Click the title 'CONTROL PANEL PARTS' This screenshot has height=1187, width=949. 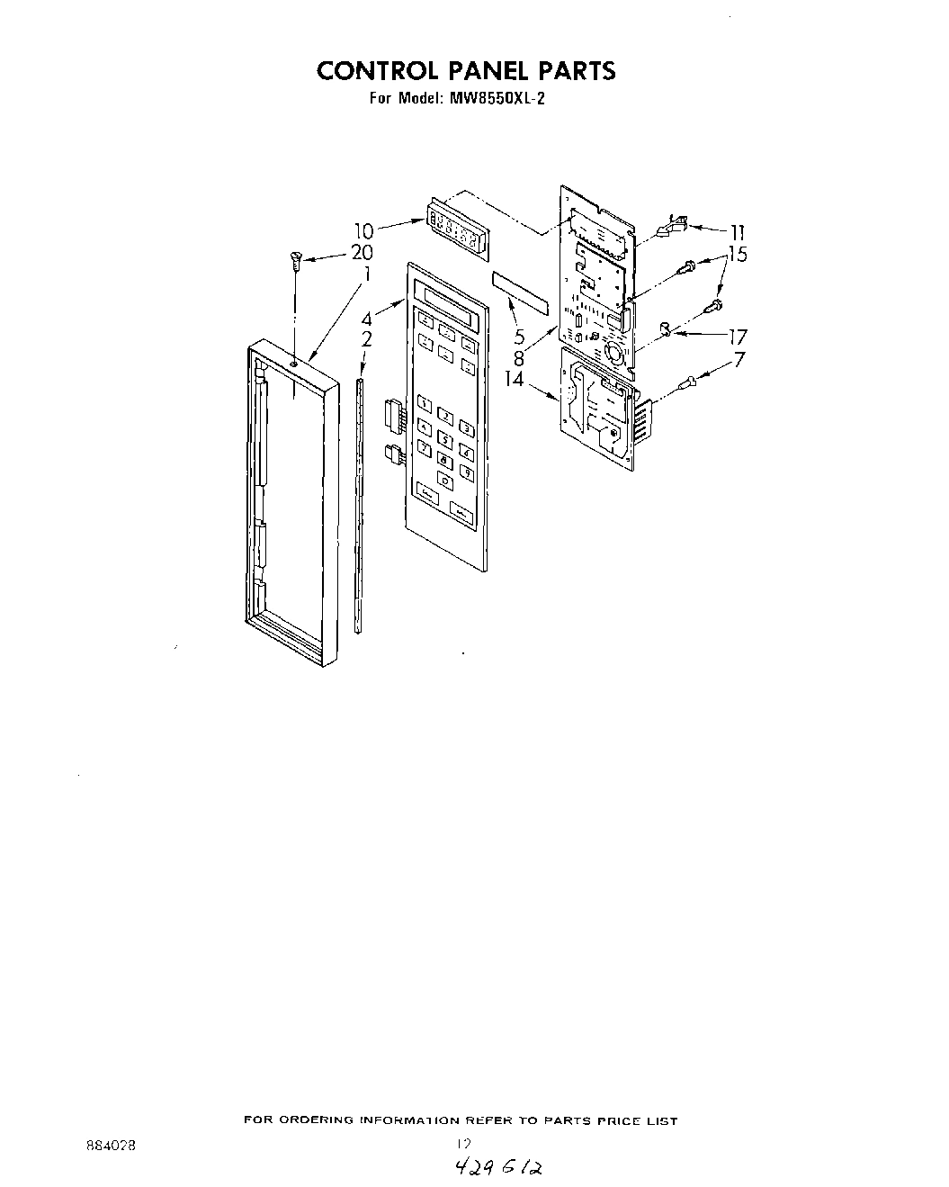coord(465,70)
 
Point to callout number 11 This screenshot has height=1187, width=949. coord(737,230)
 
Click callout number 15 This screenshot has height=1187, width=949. coord(737,256)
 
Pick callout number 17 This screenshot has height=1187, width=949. coord(737,338)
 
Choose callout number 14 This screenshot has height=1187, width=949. coord(514,379)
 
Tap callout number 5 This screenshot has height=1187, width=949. coord(520,338)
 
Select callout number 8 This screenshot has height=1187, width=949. coord(519,356)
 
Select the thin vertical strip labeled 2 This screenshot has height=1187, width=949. coord(359,504)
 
